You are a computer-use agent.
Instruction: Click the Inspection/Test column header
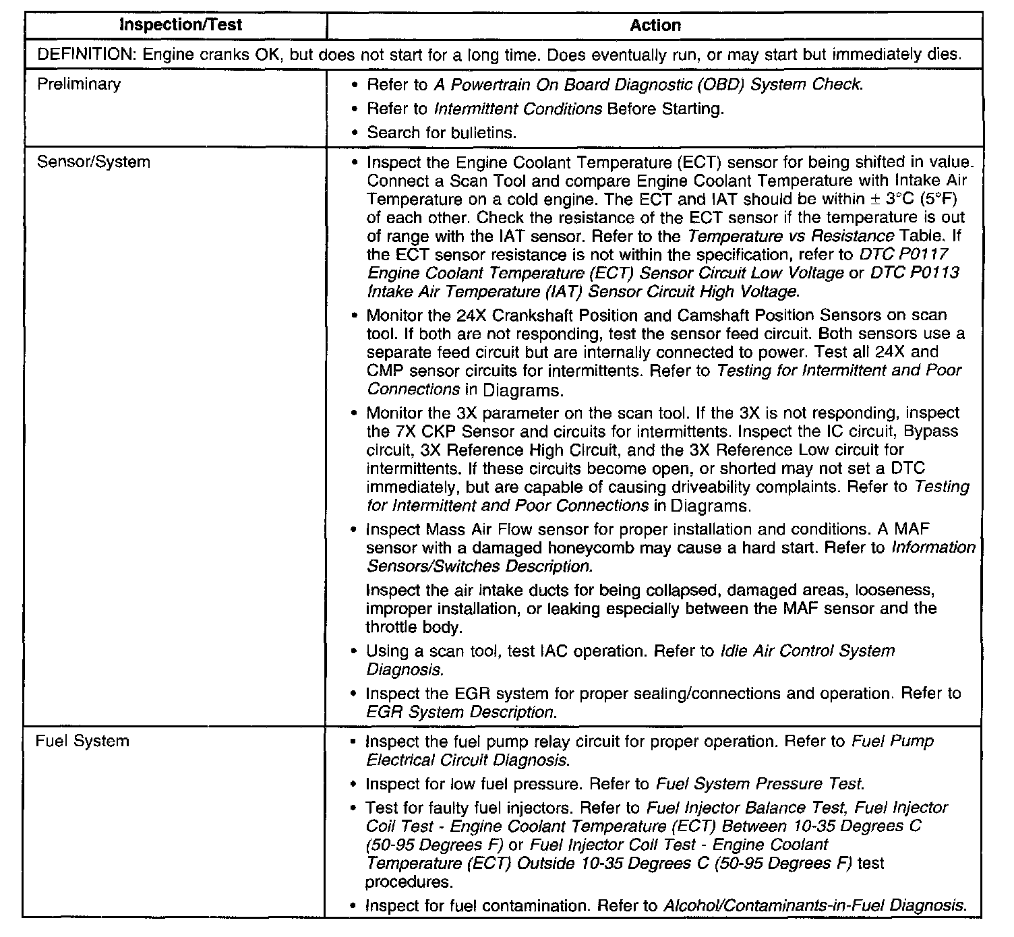pos(180,26)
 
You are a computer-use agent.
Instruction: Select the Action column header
pos(655,26)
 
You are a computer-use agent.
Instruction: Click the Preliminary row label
pos(79,84)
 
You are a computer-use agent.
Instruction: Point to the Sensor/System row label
pos(94,162)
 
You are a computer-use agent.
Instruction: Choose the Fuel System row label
pos(82,741)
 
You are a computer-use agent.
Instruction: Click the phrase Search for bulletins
pos(442,133)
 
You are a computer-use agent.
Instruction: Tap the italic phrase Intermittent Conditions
pos(518,109)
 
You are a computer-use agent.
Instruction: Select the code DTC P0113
pos(914,273)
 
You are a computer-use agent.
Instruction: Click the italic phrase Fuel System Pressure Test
pos(758,784)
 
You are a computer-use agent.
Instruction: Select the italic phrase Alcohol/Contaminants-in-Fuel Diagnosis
pos(814,906)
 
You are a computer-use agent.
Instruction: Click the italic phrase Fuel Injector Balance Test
pos(745,808)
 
